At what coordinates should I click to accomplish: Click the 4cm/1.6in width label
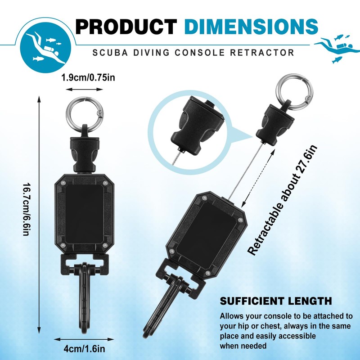tap(84, 347)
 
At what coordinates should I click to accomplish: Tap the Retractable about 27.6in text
tap(283, 200)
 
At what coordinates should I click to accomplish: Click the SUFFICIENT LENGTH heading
tap(276, 301)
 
